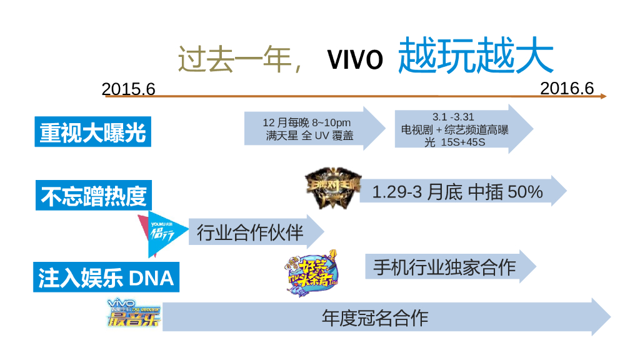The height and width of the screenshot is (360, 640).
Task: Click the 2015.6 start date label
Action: tap(128, 89)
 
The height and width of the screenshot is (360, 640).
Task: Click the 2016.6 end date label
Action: tap(567, 88)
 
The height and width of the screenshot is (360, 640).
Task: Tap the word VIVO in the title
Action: tap(355, 61)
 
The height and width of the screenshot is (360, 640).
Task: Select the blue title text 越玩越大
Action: tap(476, 56)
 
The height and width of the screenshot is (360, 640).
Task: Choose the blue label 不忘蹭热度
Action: tap(94, 196)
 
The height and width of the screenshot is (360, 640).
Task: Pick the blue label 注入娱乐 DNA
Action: tap(106, 277)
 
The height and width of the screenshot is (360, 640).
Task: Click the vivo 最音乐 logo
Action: tap(134, 314)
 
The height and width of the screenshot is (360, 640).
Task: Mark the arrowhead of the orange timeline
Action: tap(603, 96)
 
